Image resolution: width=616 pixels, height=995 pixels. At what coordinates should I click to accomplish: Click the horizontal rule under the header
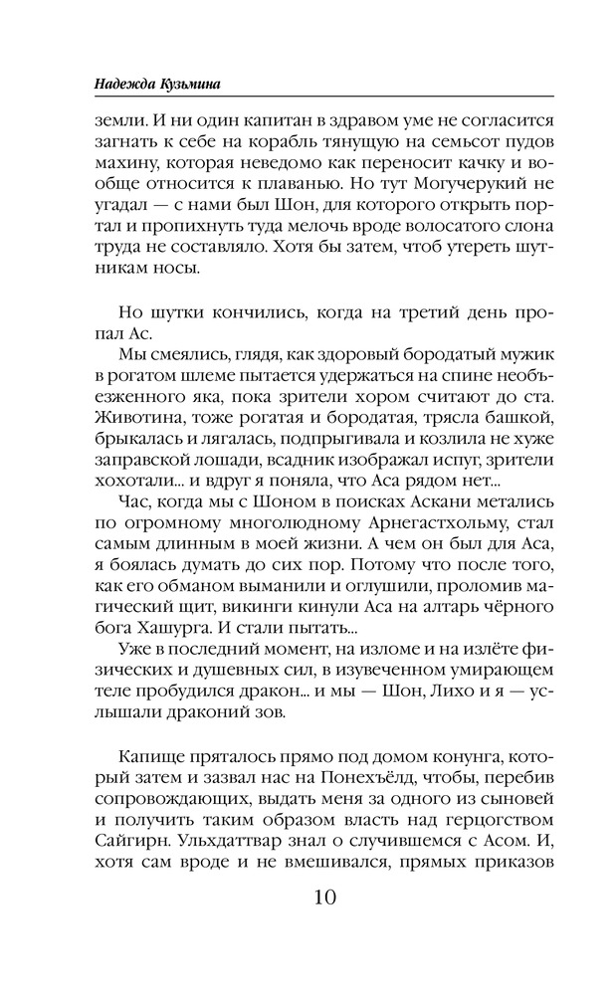point(308,96)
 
